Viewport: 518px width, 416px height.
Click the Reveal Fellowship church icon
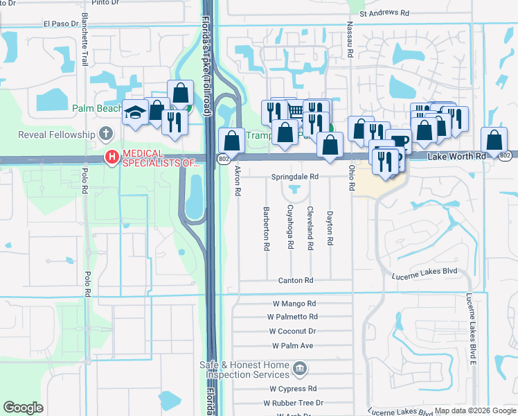(x=105, y=133)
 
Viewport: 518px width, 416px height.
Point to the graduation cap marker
(x=134, y=112)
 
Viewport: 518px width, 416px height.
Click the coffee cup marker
(x=398, y=141)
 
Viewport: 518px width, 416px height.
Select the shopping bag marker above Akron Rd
(x=231, y=140)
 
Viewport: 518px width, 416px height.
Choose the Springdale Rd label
(x=294, y=177)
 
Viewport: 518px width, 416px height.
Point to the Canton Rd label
(x=296, y=281)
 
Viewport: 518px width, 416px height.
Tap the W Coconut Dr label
(x=292, y=331)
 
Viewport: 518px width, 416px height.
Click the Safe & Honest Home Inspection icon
(x=299, y=367)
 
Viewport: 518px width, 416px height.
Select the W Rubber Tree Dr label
(x=293, y=403)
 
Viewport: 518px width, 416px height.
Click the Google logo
(x=23, y=408)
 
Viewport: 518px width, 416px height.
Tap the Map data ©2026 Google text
(x=474, y=410)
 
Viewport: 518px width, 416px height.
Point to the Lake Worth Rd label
(x=456, y=157)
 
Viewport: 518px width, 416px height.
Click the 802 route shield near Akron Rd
(x=223, y=159)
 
